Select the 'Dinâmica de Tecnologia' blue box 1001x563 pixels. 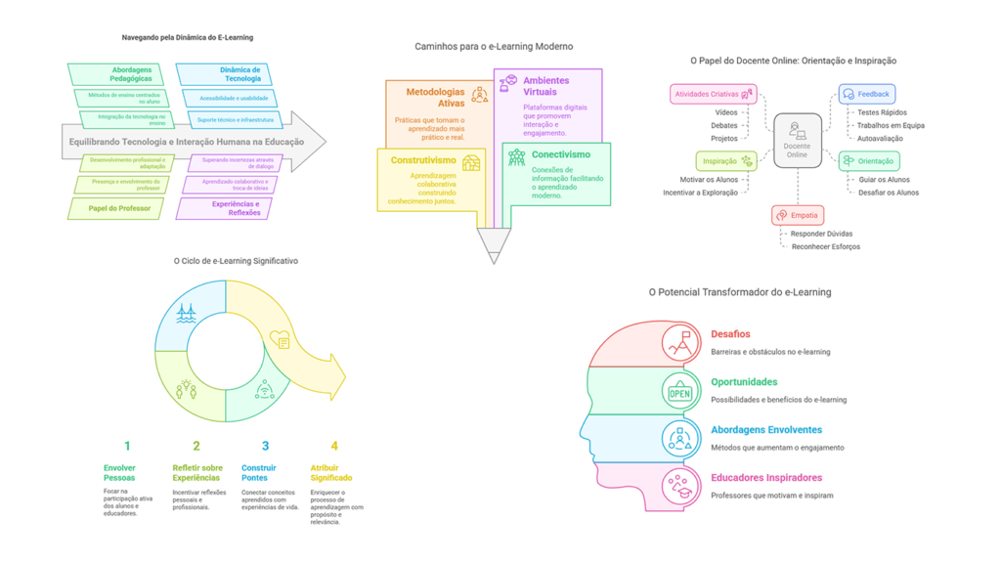[x=224, y=74]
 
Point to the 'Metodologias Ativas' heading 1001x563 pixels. [x=436, y=97]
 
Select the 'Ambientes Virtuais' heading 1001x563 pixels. [x=546, y=86]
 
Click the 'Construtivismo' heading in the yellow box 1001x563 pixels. [x=423, y=160]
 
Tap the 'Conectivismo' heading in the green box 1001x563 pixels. [x=561, y=154]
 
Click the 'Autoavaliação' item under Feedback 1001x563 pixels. [x=880, y=139]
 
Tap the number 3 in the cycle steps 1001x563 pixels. [x=265, y=446]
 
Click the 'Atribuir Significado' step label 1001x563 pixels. [x=330, y=473]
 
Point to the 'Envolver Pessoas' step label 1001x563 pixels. [x=120, y=473]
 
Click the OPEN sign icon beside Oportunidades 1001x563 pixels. [x=679, y=393]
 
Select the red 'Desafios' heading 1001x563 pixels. [x=730, y=334]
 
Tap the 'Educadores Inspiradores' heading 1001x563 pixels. [x=766, y=478]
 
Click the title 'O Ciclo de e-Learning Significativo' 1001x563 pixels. [x=236, y=261]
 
